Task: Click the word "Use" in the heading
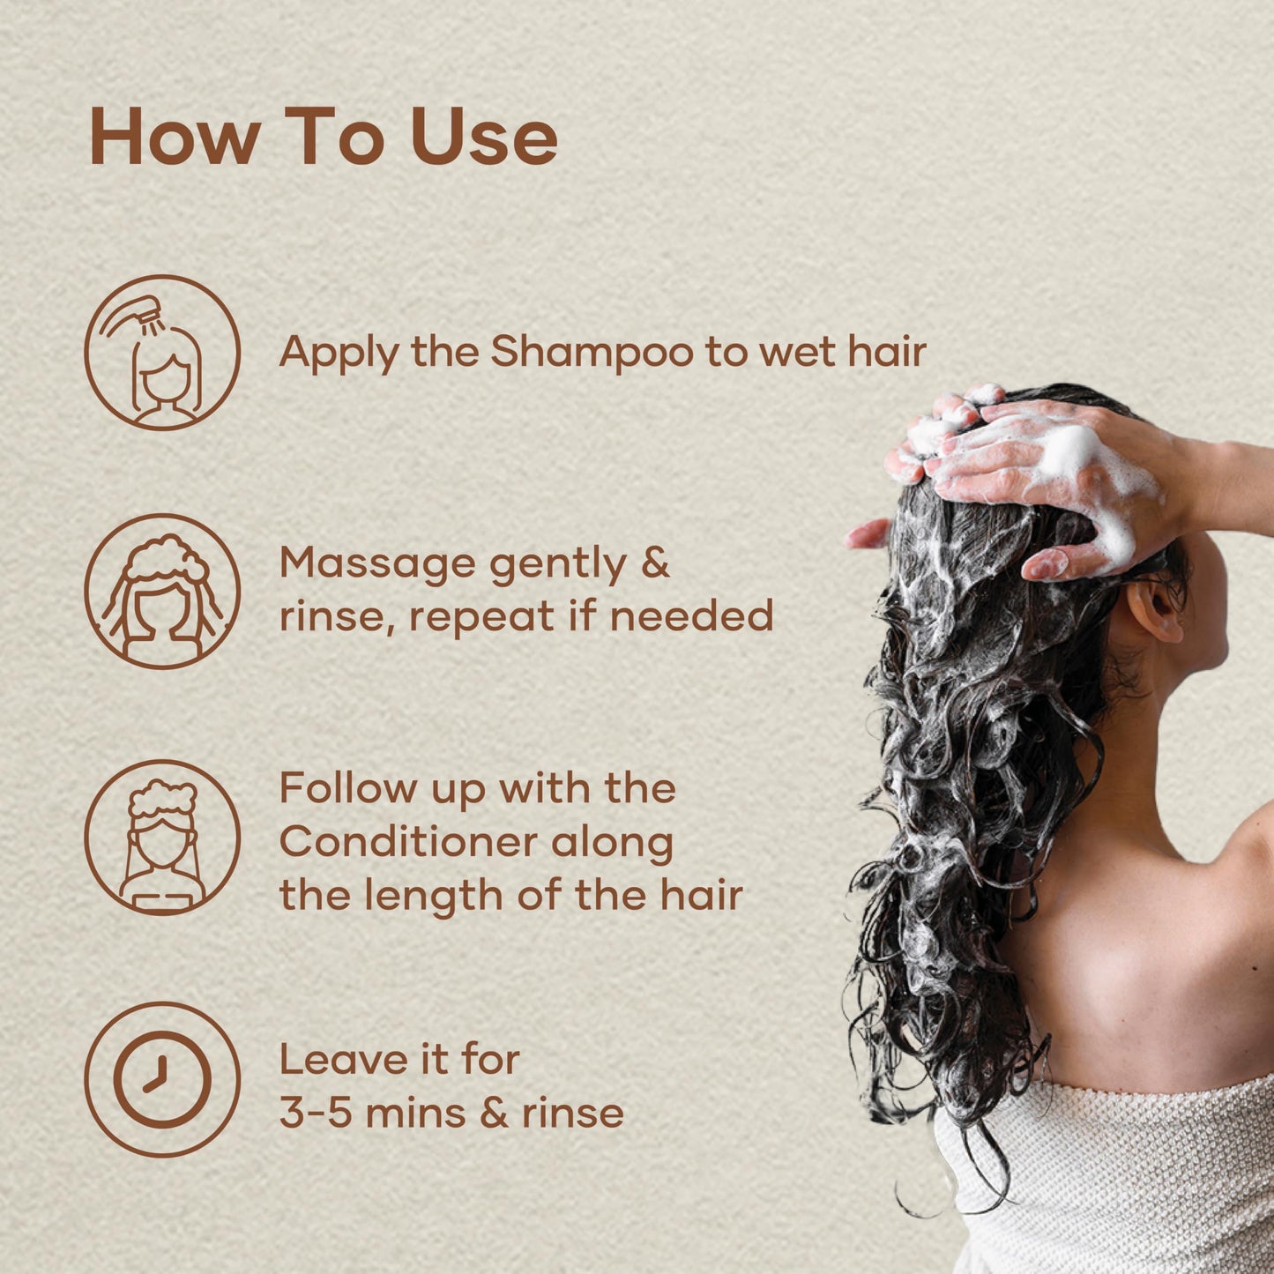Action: click(x=484, y=138)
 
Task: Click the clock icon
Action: click(x=162, y=1079)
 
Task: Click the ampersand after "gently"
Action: click(x=655, y=562)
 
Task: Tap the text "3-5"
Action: click(x=316, y=1113)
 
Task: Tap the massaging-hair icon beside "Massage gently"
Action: click(x=162, y=592)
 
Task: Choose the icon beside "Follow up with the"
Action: click(x=162, y=838)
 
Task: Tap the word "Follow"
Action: click(x=346, y=788)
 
